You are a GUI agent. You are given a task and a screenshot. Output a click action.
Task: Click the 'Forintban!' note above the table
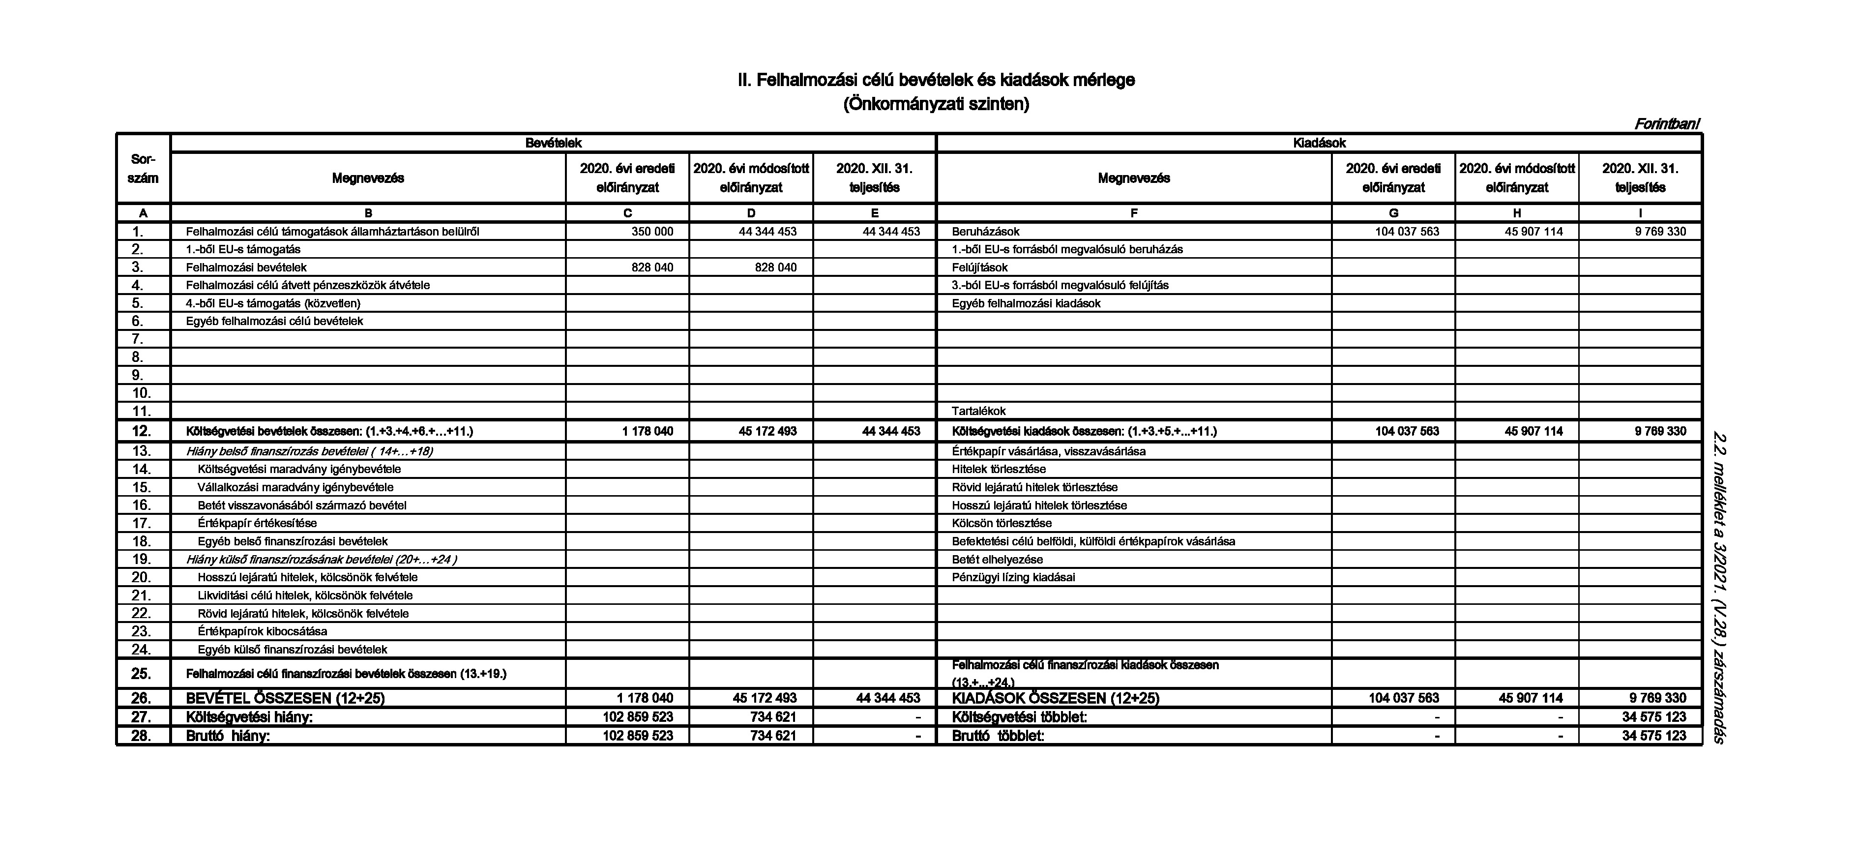[x=1666, y=124]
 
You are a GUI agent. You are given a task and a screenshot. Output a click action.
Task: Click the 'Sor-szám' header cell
[x=143, y=168]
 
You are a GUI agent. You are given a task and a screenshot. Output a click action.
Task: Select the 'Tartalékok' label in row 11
[x=978, y=411]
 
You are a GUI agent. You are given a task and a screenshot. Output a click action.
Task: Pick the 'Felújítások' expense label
[x=980, y=267]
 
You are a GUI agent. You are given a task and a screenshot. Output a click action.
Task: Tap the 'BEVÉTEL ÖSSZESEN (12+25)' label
[x=286, y=698]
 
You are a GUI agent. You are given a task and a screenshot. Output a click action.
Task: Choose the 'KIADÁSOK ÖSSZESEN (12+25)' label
[x=1056, y=698]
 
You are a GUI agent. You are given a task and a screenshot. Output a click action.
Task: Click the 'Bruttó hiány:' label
[x=228, y=736]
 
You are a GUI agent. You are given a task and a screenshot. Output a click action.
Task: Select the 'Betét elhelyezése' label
[x=997, y=560]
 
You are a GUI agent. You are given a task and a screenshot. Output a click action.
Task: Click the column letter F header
[x=1133, y=213]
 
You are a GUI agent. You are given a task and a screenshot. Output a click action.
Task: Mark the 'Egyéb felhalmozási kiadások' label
[x=1026, y=303]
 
